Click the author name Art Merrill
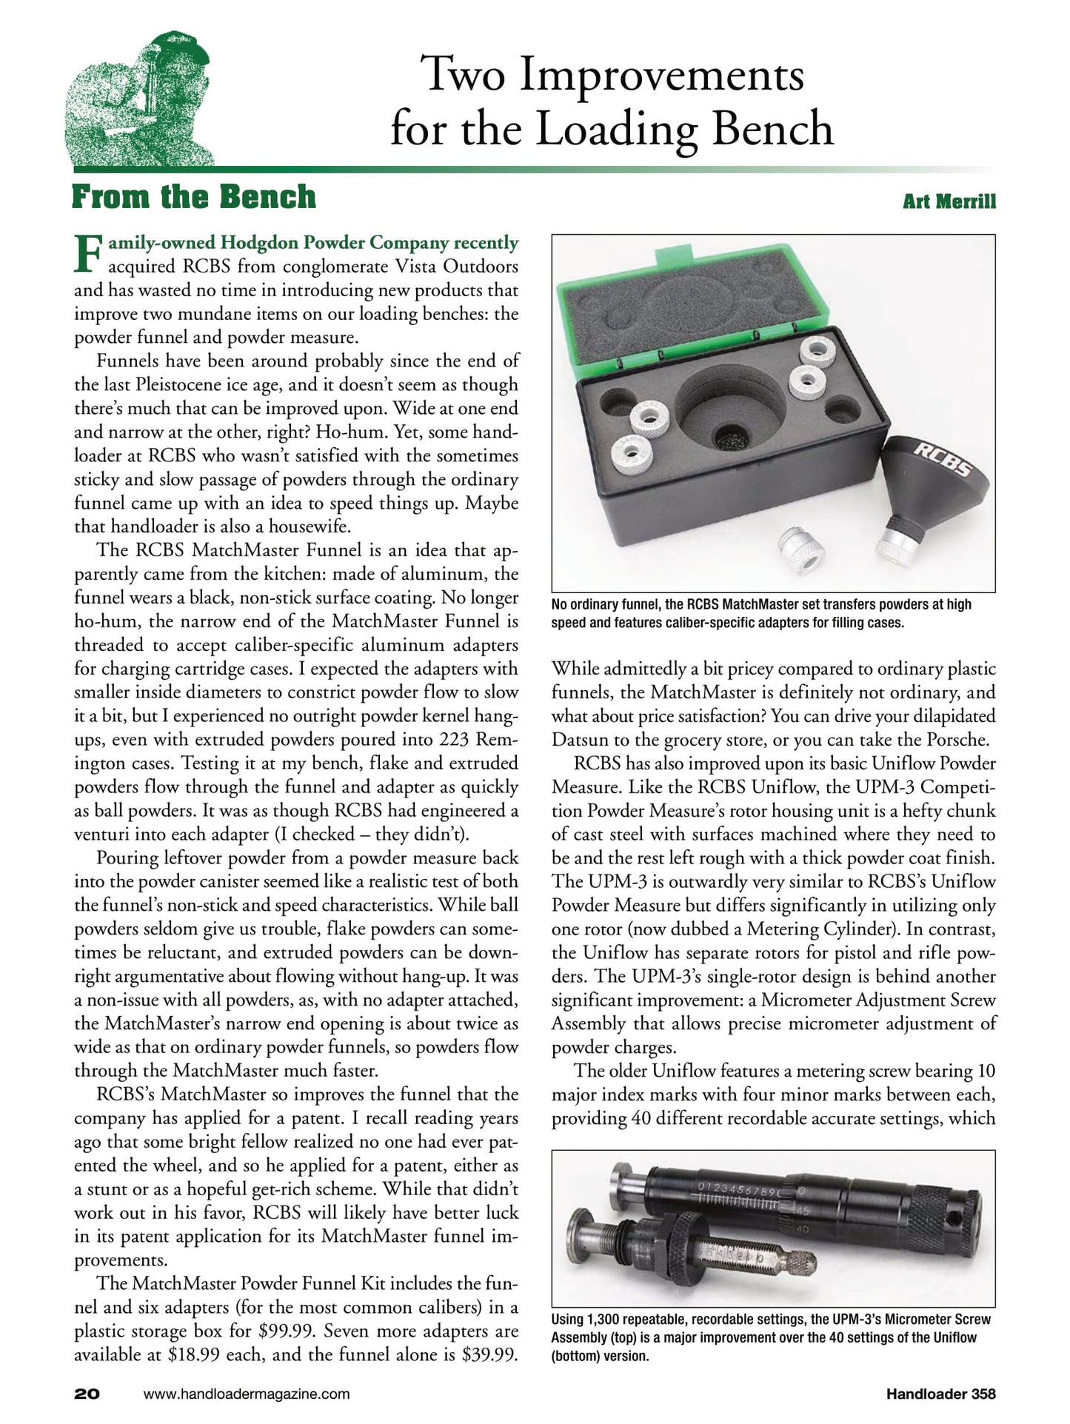pos(949,201)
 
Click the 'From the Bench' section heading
pos(193,198)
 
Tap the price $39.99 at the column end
pos(489,1354)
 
